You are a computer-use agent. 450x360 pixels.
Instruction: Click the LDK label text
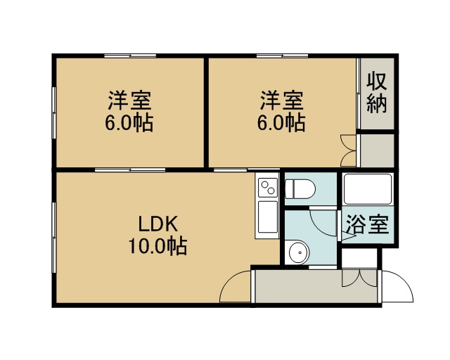point(158,224)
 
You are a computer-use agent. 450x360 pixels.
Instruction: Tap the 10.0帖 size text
point(157,246)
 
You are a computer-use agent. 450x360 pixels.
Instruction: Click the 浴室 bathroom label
point(367,224)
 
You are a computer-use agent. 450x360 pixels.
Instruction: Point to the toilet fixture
point(300,188)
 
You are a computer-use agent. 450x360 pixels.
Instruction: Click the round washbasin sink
point(299,252)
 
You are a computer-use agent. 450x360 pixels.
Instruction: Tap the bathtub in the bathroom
point(368,189)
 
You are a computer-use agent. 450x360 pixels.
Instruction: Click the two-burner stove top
point(268,188)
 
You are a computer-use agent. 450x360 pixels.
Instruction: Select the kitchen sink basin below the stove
point(268,217)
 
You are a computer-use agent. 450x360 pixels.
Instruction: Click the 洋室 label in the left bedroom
point(129,101)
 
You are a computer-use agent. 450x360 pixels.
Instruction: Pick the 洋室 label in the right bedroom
point(282,101)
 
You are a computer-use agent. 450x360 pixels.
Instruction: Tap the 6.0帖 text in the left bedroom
point(129,123)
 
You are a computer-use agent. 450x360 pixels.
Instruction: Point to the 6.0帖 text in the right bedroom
point(281,123)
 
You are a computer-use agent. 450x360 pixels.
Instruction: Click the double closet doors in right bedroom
point(348,150)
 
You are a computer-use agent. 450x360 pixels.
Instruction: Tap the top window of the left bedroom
point(130,56)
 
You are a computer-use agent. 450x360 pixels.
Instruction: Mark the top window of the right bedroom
point(282,56)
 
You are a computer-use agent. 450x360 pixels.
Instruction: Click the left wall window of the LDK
point(53,238)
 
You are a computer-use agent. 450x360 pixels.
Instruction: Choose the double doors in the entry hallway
point(359,278)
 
